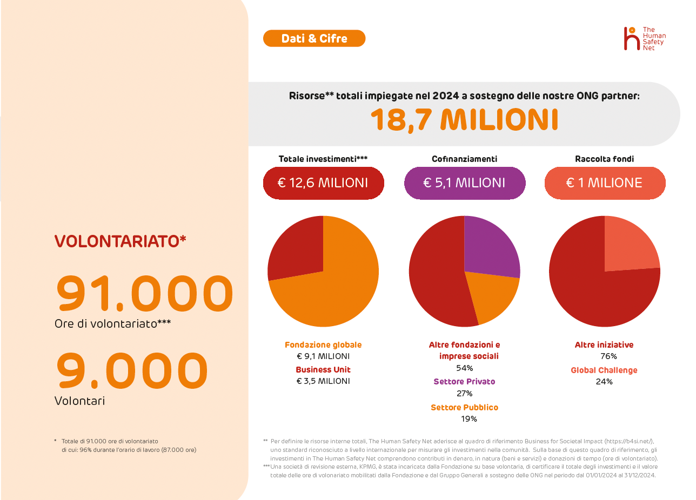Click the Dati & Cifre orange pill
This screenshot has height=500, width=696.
click(x=314, y=38)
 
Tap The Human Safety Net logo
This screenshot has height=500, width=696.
click(x=645, y=39)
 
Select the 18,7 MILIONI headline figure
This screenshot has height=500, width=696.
click(x=464, y=119)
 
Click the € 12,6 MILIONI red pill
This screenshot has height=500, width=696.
click(x=323, y=183)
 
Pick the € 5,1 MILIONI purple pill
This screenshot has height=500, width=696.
click(x=464, y=183)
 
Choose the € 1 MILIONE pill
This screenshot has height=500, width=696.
click(x=604, y=183)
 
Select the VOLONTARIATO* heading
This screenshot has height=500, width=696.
click(x=120, y=241)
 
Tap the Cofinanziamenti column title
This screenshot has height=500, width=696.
click(x=464, y=159)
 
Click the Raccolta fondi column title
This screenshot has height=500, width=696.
click(x=604, y=159)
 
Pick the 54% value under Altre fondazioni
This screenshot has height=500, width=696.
click(x=464, y=368)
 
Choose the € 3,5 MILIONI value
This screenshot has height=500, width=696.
click(x=323, y=381)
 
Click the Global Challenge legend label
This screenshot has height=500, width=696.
click(x=604, y=370)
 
